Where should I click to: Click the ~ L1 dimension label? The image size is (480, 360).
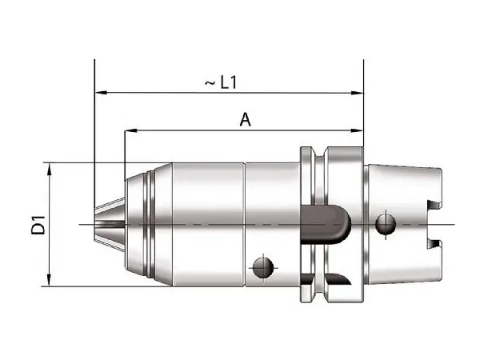pos(221,82)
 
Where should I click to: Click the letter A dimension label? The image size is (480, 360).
pos(246,120)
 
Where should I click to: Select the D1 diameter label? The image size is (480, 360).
pos(38,225)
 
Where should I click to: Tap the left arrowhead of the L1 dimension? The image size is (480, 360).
pos(101,93)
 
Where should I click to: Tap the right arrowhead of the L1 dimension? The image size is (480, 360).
pos(357,93)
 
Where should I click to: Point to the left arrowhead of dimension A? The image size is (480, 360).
pos(131,130)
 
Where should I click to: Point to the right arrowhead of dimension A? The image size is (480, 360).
pos(357,130)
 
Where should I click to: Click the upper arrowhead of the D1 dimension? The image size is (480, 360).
pos(50,169)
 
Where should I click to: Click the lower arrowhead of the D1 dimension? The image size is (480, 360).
pos(49,280)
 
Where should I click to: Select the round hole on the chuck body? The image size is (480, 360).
pos(263,268)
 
